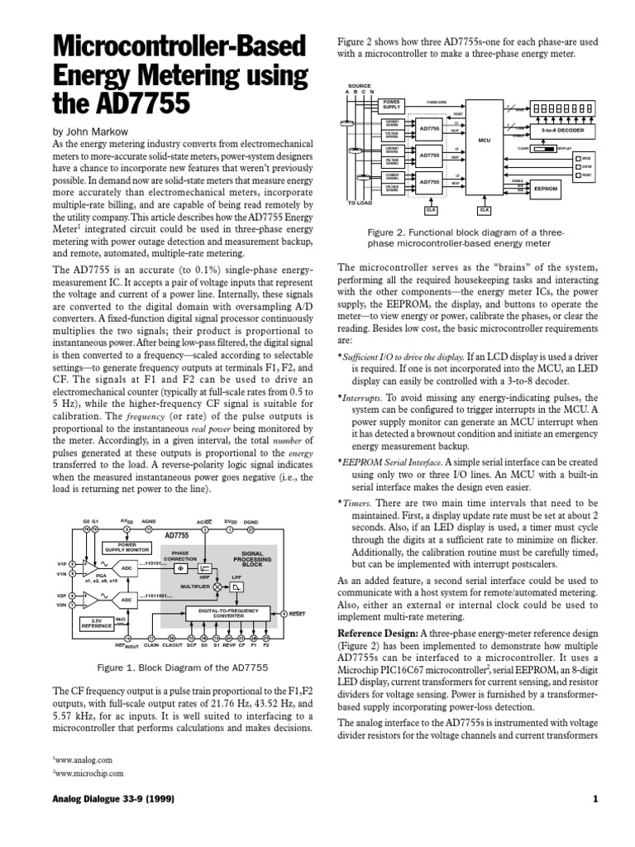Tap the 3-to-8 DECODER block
coord(562,131)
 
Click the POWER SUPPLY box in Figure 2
coord(392,104)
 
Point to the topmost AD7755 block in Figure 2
coord(429,128)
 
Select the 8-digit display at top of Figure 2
coord(563,108)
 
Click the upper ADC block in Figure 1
coord(127,567)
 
